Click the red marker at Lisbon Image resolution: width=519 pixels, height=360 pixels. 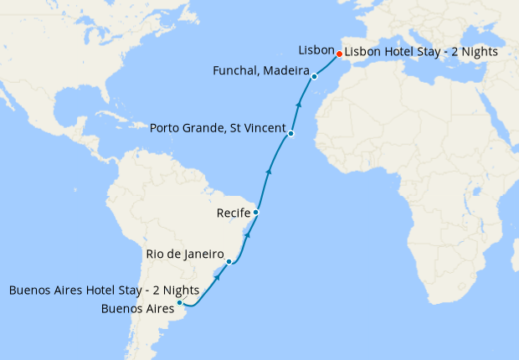tap(339, 55)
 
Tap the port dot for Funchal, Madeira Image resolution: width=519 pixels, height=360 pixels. tap(314, 77)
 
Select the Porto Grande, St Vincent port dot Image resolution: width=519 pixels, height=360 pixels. tap(290, 134)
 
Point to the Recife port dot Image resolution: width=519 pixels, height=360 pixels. tap(255, 213)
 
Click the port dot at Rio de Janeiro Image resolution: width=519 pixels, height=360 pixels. tap(229, 262)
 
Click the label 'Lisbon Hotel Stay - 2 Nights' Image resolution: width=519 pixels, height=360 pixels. tap(421, 51)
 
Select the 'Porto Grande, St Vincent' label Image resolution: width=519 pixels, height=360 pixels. tap(217, 128)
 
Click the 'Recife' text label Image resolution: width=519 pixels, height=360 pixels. tap(232, 212)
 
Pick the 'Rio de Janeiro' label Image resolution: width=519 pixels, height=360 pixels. tap(184, 254)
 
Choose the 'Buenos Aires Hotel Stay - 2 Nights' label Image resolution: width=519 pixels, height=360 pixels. tap(104, 291)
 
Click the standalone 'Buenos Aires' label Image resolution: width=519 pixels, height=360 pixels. tap(136, 308)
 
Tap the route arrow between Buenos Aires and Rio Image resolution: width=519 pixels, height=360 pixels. tap(217, 276)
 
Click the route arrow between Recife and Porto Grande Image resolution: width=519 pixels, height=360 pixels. tap(268, 171)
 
